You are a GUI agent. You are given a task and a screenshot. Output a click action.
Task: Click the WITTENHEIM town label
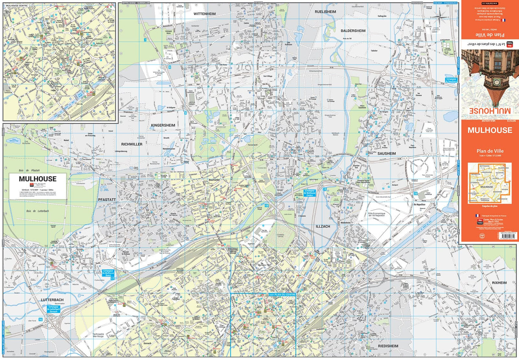click(x=204, y=14)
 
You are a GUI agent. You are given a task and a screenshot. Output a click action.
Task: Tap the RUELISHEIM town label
click(x=325, y=12)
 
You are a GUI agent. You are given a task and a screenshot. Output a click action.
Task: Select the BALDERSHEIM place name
click(x=353, y=31)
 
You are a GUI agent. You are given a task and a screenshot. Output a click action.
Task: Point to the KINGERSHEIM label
click(x=163, y=125)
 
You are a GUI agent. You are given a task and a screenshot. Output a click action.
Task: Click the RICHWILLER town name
click(x=131, y=144)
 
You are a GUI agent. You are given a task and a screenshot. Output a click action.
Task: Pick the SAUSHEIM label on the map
click(x=386, y=153)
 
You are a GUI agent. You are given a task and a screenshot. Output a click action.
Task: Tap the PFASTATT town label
click(x=107, y=200)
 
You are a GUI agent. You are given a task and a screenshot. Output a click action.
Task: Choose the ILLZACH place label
click(x=323, y=226)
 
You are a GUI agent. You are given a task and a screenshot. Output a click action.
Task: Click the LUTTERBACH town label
click(x=52, y=300)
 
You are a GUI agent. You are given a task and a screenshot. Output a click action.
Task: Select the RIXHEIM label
click(x=499, y=283)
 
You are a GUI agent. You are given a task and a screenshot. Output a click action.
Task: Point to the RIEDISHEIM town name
click(x=388, y=346)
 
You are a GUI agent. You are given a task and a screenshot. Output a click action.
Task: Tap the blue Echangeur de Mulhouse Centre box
click(x=309, y=193)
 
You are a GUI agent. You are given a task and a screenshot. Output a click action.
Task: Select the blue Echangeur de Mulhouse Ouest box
click(x=108, y=273)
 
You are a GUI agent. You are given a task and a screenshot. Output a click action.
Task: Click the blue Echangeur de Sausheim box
click(x=451, y=80)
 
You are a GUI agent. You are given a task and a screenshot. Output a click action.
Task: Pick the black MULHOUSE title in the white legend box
click(x=37, y=179)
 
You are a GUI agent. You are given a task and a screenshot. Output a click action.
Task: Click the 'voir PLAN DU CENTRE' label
click(x=282, y=295)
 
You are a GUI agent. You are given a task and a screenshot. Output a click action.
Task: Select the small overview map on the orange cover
click(x=489, y=183)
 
